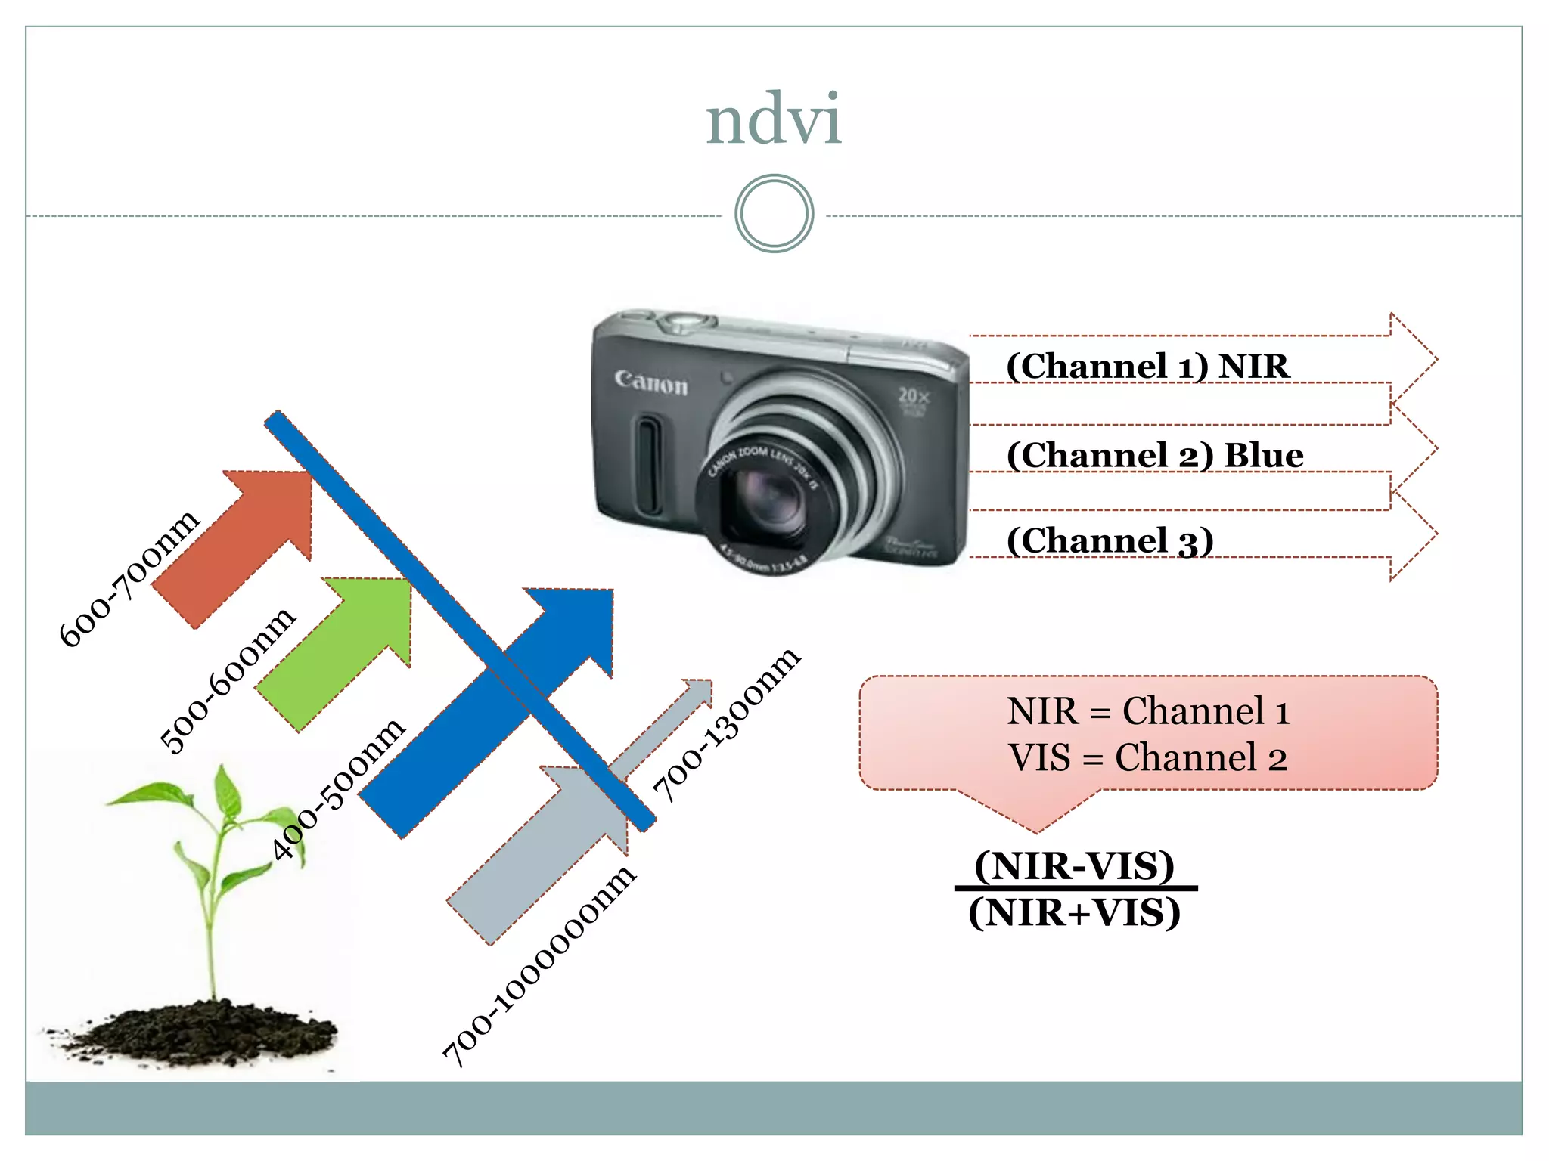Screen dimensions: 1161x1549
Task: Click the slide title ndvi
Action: pyautogui.click(x=773, y=121)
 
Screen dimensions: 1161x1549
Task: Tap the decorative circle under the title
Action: pyautogui.click(x=774, y=214)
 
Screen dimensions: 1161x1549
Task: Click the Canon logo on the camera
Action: pyautogui.click(x=651, y=382)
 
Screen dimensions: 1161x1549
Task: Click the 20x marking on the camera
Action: pyautogui.click(x=914, y=395)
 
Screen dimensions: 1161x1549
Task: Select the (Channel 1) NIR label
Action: pyautogui.click(x=1147, y=367)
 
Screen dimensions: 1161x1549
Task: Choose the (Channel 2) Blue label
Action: pyautogui.click(x=1155, y=456)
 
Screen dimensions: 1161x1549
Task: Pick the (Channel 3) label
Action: pyautogui.click(x=1110, y=541)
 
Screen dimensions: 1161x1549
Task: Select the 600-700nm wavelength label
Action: pyautogui.click(x=129, y=578)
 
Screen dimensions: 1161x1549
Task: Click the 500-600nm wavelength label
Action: pyautogui.click(x=228, y=680)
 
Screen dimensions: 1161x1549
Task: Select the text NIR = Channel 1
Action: pyautogui.click(x=1147, y=711)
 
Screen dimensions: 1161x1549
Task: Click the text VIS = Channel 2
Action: pyautogui.click(x=1147, y=757)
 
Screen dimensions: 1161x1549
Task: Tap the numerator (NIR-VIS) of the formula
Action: pyautogui.click(x=1074, y=866)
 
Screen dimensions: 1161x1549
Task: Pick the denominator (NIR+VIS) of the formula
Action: pyautogui.click(x=1074, y=913)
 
